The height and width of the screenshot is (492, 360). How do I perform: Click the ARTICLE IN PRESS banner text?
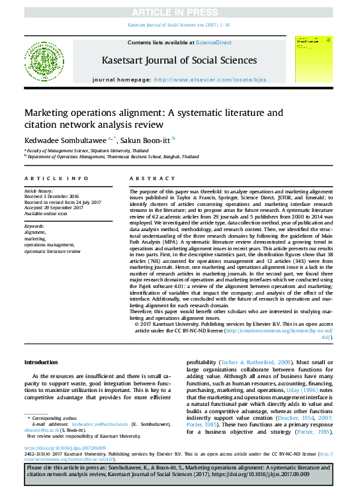click(179, 12)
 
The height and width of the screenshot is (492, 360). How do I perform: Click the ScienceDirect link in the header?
click(214, 42)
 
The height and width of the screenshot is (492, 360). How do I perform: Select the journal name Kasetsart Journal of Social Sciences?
click(179, 60)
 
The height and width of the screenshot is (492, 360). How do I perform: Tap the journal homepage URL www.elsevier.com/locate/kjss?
click(210, 78)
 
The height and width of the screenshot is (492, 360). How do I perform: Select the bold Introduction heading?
click(41, 363)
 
